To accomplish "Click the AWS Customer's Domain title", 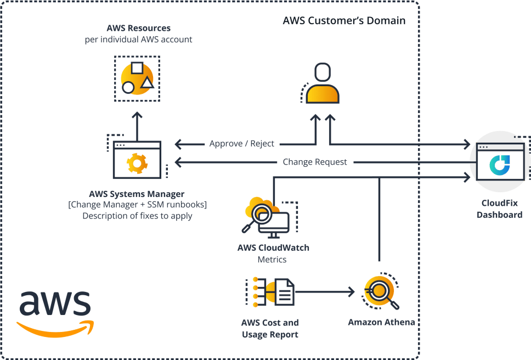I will tap(344, 21).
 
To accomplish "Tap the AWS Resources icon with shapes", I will tap(137, 78).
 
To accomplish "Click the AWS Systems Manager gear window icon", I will tap(137, 160).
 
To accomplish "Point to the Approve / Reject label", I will tap(242, 144).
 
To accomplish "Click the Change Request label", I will tap(315, 162).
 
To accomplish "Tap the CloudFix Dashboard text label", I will tap(499, 209).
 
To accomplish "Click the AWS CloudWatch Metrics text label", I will tap(273, 253).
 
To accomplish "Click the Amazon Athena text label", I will tap(381, 322).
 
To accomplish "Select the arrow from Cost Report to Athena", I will tap(324, 291).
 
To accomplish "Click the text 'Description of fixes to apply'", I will tap(137, 216).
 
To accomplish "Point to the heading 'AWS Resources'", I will tap(138, 28).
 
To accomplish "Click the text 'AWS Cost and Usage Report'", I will tap(270, 328).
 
